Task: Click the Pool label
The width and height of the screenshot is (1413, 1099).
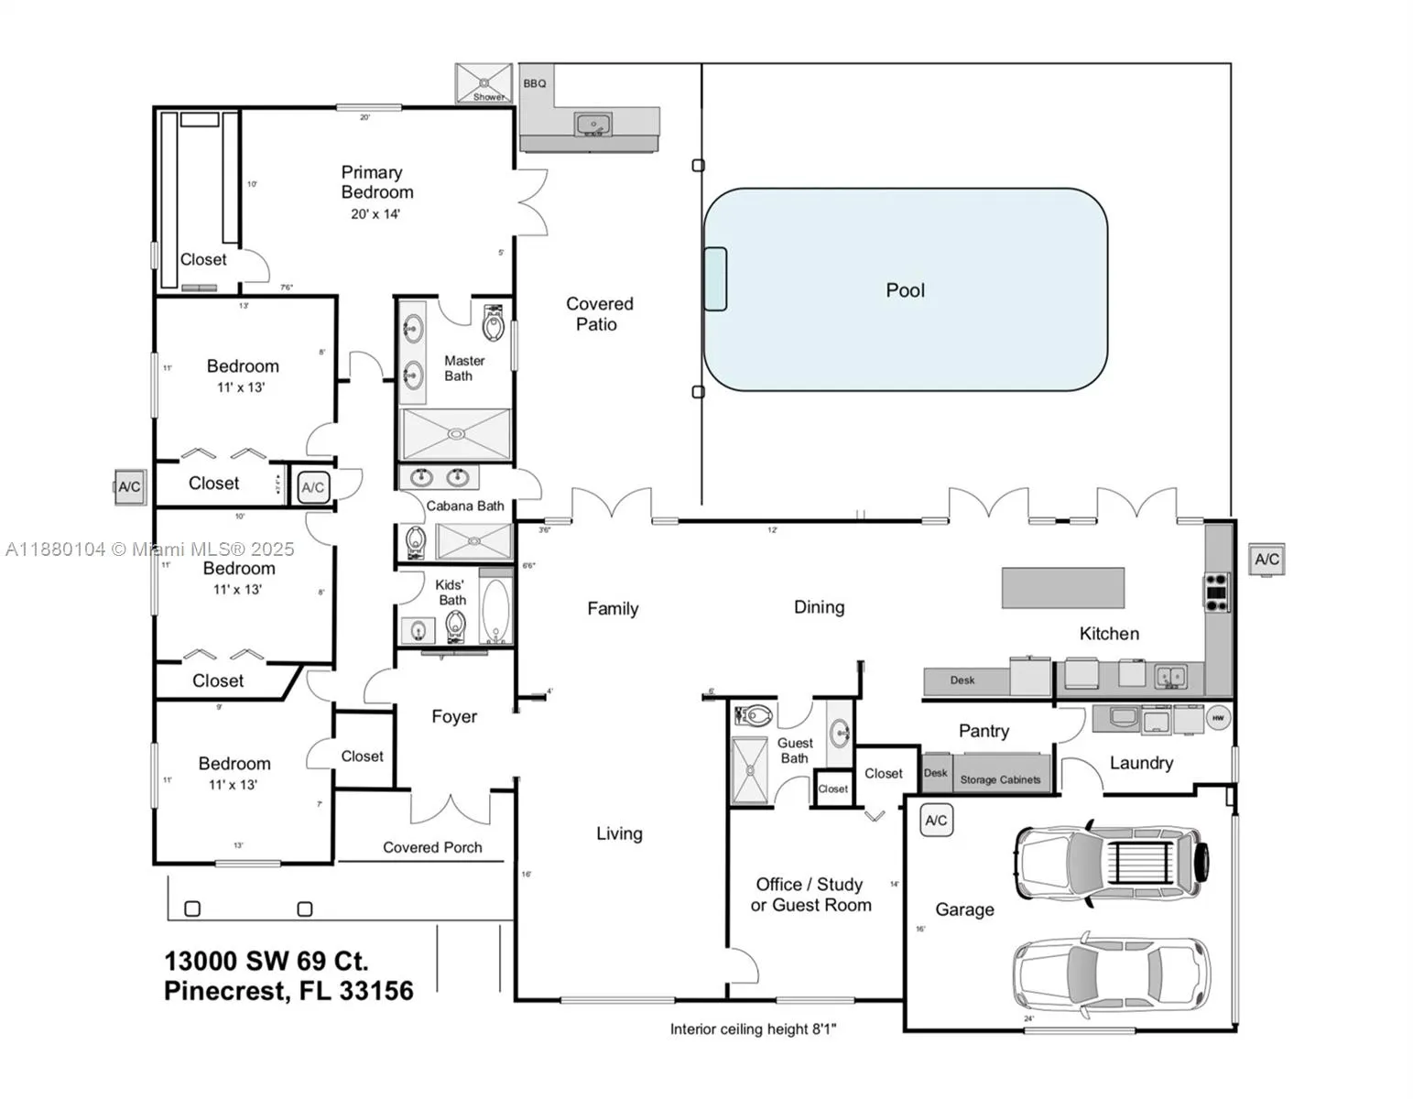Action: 905,290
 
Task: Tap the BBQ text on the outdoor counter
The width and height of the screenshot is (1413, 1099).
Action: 535,83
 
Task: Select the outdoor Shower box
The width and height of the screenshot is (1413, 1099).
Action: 484,82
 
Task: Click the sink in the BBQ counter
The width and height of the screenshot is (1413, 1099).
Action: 593,124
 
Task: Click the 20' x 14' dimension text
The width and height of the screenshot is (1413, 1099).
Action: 375,214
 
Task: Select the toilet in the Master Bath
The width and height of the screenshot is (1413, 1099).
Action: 494,322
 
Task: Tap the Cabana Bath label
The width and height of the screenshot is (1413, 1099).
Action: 465,506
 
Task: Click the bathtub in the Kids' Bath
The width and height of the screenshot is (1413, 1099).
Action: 495,611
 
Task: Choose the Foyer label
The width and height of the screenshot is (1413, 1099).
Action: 454,717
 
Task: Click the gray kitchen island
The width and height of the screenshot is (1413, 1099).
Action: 1062,588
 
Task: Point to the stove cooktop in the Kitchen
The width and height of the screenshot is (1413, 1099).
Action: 1216,592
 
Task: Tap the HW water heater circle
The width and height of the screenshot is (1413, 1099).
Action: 1218,719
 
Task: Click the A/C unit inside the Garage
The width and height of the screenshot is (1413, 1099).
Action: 936,821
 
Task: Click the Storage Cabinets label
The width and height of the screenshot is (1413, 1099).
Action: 1000,779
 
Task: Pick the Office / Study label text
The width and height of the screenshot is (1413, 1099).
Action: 810,885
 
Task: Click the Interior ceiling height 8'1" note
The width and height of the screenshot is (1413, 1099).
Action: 753,1029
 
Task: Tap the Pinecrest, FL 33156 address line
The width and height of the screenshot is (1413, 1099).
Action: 288,991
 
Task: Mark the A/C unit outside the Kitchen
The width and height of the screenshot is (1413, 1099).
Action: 1266,560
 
